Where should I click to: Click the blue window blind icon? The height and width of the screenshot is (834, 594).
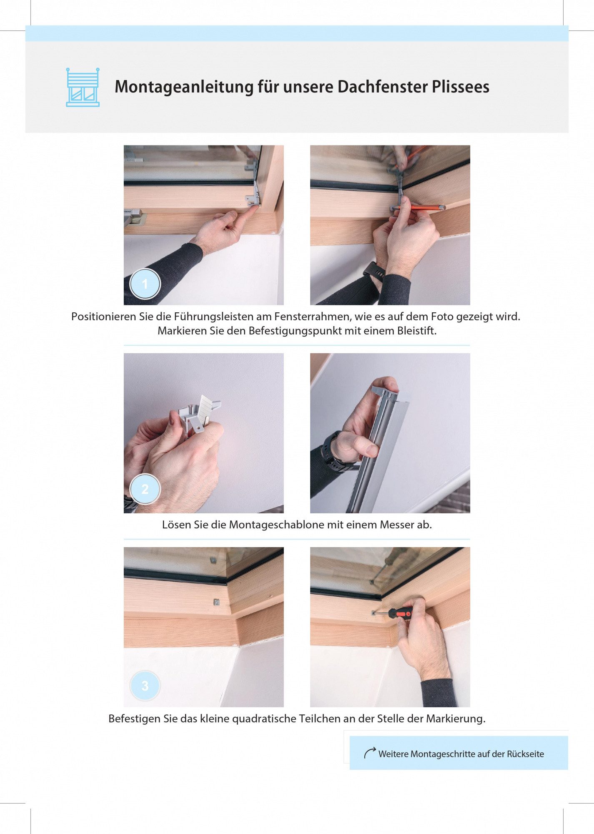pyautogui.click(x=83, y=87)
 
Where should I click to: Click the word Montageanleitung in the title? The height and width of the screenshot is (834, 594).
pyautogui.click(x=184, y=87)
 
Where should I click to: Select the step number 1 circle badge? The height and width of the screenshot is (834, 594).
pyautogui.click(x=145, y=284)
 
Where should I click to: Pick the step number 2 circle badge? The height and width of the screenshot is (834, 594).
pyautogui.click(x=145, y=489)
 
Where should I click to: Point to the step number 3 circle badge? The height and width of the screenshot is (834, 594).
pyautogui.click(x=145, y=686)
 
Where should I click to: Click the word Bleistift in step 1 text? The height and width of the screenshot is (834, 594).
pyautogui.click(x=416, y=331)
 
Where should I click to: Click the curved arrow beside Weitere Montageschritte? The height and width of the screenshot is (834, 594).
pyautogui.click(x=370, y=752)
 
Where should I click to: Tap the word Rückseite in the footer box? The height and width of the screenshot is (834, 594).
pyautogui.click(x=525, y=754)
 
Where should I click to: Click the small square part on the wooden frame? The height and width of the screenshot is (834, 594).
pyautogui.click(x=216, y=602)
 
